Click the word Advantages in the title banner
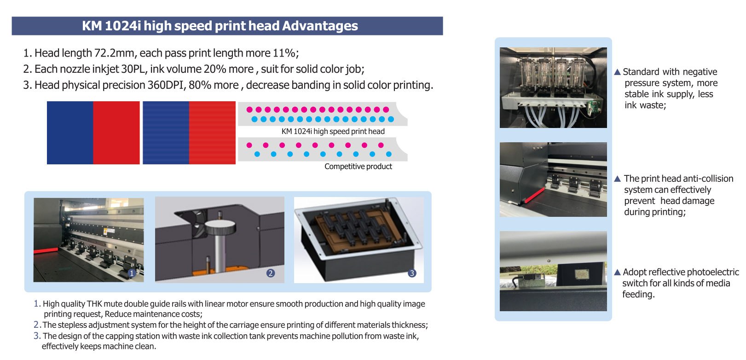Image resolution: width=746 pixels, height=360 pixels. pos(320,26)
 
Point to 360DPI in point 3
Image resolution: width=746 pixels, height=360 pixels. pos(166,85)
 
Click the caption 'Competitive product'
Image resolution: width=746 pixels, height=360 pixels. pos(359,167)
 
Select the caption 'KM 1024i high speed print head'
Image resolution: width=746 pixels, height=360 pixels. pos(333,131)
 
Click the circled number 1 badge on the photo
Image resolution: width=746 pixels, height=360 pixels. pos(132,273)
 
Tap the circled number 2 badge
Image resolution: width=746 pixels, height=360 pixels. pos(271,273)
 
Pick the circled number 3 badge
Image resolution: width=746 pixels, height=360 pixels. pos(412,273)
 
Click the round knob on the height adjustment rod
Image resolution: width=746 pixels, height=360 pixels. pos(220,227)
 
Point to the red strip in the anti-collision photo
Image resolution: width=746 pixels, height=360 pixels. pos(534,195)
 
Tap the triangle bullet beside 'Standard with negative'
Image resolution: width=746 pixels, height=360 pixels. pos(618,72)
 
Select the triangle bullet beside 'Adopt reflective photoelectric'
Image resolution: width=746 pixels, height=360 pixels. pos(618,273)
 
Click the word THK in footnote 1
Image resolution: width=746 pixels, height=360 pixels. pos(94,304)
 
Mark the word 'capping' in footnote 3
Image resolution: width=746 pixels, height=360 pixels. pos(119,336)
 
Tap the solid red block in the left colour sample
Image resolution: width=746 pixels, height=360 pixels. pos(116,133)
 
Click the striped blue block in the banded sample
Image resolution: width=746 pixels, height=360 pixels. pos(166,133)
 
